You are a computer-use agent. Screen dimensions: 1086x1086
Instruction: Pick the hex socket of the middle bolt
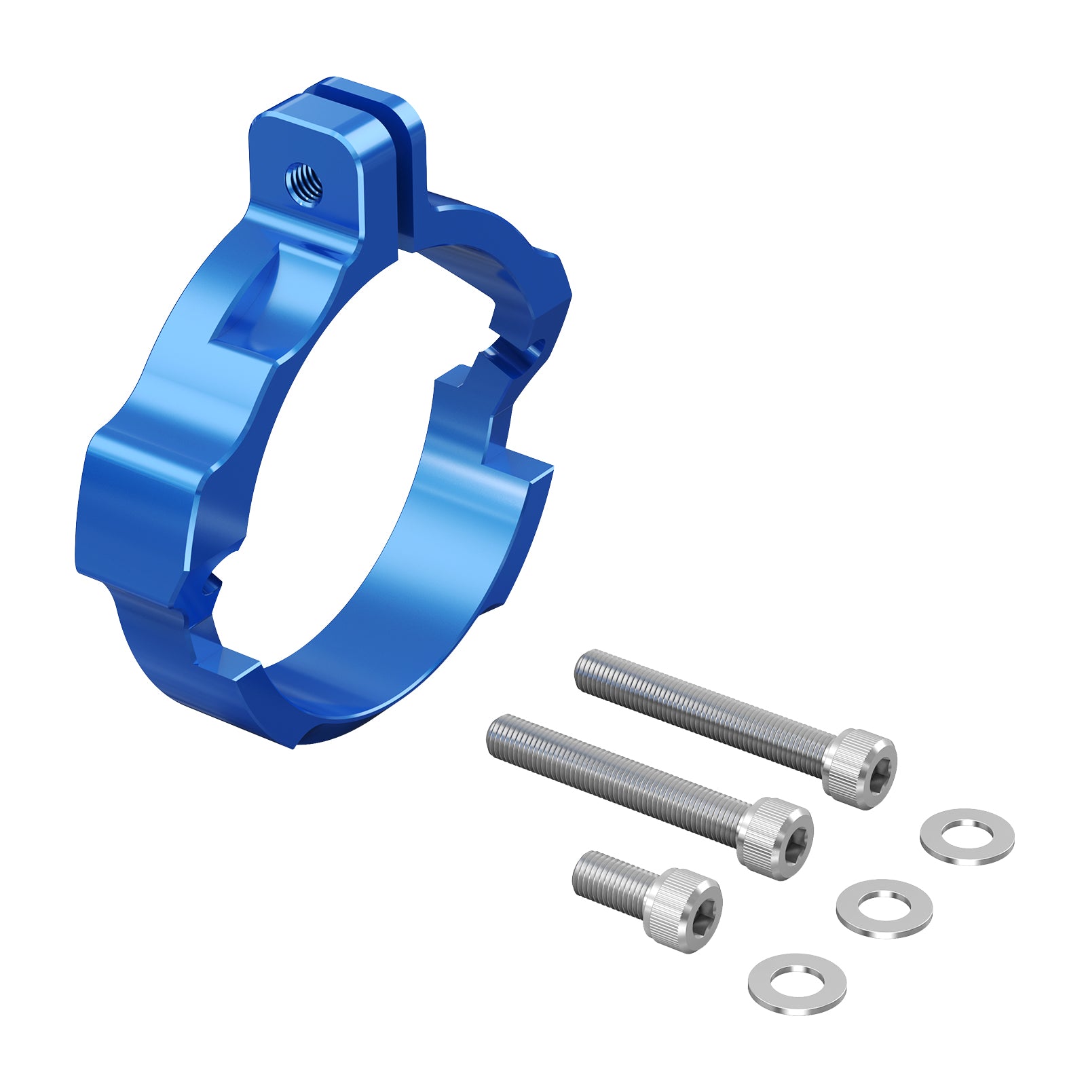[792, 840]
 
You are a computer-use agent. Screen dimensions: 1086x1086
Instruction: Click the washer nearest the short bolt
[797, 984]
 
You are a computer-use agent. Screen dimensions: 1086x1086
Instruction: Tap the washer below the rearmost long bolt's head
[967, 836]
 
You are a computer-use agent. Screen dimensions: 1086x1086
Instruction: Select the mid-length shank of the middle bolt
[618, 781]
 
